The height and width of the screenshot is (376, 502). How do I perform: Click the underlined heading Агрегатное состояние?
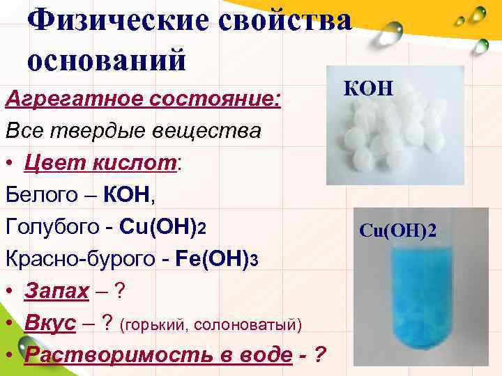[x=143, y=100]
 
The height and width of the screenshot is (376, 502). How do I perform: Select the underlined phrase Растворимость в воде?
[x=158, y=355]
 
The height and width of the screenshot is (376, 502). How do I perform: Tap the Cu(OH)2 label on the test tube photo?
[x=398, y=230]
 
